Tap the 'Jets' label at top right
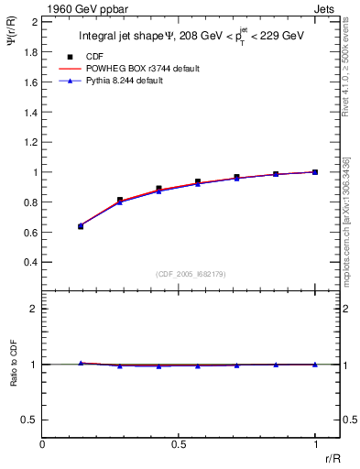324,8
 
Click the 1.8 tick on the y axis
29,52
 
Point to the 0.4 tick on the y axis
29,262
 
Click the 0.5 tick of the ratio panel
29,420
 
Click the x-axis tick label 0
42,444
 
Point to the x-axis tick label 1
315,444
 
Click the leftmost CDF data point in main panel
81,225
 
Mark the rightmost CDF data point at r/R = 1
315,171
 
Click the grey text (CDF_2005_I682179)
191,274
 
